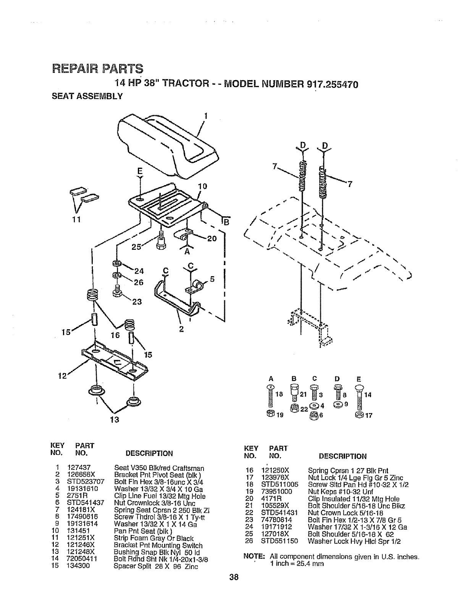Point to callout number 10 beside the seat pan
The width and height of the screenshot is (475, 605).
click(x=202, y=186)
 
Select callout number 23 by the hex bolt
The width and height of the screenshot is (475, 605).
click(x=136, y=302)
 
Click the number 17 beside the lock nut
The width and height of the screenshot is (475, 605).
click(x=368, y=416)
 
